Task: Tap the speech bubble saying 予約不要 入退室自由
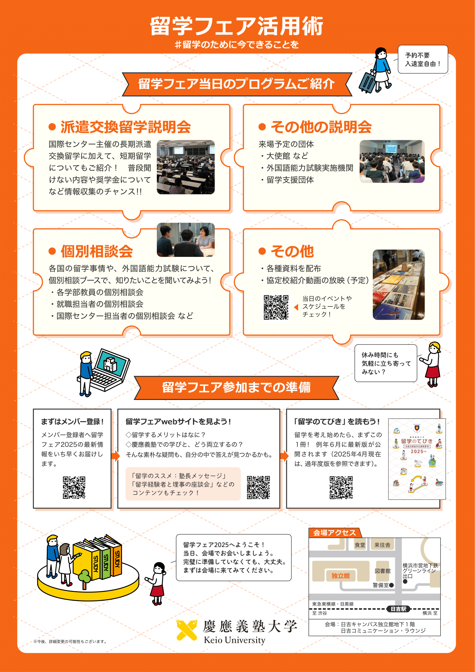pyautogui.click(x=423, y=59)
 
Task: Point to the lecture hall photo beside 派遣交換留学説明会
pyautogui.click(x=186, y=167)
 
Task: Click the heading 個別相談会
pyautogui.click(x=97, y=251)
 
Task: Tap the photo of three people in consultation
pyautogui.click(x=186, y=240)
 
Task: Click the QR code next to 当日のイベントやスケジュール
pyautogui.click(x=276, y=307)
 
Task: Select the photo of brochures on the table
pyautogui.click(x=399, y=284)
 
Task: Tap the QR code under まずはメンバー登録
pyautogui.click(x=74, y=488)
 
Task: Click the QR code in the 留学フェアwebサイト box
pyautogui.click(x=258, y=487)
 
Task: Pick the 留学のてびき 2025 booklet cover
pyautogui.click(x=417, y=459)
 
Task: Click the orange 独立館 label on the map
pyautogui.click(x=341, y=576)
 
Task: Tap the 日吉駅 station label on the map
pyautogui.click(x=398, y=609)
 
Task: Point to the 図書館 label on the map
pyautogui.click(x=383, y=571)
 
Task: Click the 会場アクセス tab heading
pyautogui.click(x=335, y=533)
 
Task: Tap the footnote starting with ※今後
pyautogui.click(x=70, y=642)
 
